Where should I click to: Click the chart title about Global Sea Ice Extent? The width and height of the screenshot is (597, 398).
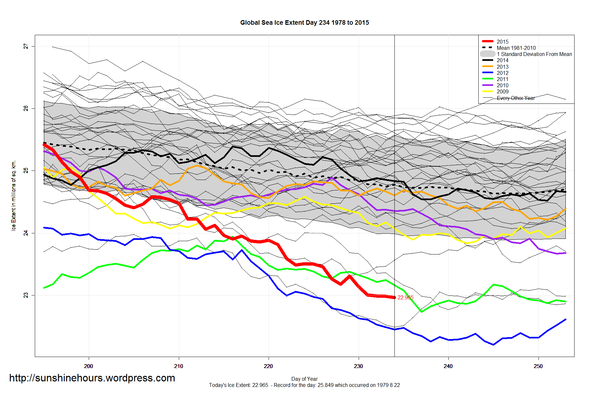tap(304, 22)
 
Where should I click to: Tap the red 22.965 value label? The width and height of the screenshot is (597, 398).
tap(405, 297)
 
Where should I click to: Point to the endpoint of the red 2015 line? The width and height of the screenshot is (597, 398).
tap(394, 297)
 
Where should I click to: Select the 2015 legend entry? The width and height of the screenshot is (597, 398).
tap(502, 42)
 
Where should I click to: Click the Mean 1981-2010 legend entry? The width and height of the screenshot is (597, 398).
tap(516, 48)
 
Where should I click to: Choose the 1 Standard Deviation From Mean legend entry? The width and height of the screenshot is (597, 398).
tap(534, 54)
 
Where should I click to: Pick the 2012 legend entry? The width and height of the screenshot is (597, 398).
tap(502, 73)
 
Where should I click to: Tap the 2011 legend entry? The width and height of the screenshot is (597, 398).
tap(502, 79)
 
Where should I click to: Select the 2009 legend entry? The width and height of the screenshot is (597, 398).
tap(502, 91)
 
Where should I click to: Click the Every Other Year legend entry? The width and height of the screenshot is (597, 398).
tap(516, 98)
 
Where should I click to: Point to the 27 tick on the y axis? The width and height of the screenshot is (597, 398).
tap(26, 47)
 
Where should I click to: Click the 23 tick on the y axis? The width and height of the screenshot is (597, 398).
tap(26, 295)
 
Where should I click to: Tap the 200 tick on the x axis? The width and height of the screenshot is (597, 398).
tap(88, 366)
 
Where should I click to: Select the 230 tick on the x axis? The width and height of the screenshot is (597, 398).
tap(358, 366)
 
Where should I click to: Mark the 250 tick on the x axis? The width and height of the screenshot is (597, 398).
tap(538, 366)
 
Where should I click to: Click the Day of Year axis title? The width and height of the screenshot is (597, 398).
tap(304, 379)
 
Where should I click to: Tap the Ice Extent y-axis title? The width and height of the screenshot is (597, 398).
tap(14, 196)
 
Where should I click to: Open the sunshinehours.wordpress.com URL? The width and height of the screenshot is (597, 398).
tap(92, 378)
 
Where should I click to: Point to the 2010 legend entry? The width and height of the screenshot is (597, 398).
tap(502, 85)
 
